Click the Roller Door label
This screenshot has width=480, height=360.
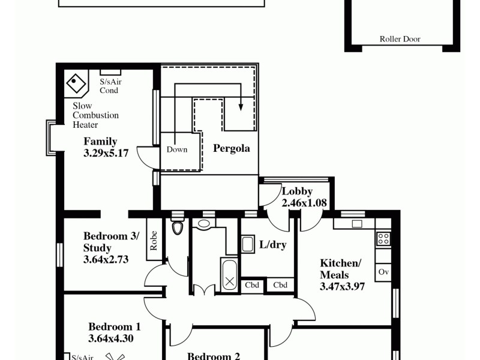click(x=400, y=40)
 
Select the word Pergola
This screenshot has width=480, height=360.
click(x=231, y=148)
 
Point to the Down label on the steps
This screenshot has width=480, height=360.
click(x=177, y=149)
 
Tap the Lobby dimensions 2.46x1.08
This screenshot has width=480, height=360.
click(x=304, y=203)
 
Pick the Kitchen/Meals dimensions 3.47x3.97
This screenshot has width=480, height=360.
click(x=343, y=286)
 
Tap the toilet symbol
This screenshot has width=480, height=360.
click(x=177, y=227)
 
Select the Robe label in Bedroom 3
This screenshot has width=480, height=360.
click(x=154, y=241)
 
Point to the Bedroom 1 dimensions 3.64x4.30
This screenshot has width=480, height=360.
click(x=110, y=338)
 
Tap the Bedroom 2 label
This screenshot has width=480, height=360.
click(x=214, y=356)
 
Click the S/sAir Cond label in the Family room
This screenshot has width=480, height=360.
click(x=110, y=86)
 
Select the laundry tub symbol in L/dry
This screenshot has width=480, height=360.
click(x=248, y=245)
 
